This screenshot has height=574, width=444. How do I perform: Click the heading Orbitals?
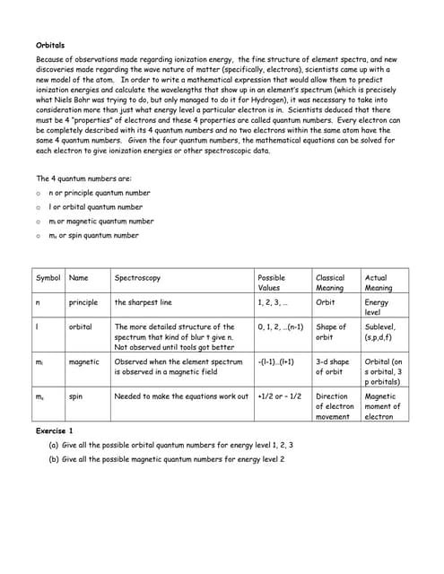49,44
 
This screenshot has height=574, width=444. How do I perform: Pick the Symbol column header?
48,278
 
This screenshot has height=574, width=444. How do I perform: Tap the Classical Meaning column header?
330,283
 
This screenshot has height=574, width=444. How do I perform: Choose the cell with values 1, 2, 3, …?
273,303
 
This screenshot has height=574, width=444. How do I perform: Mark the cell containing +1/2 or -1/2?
279,396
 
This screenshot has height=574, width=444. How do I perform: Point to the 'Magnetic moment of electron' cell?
383,406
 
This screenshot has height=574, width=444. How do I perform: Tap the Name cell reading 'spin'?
76,396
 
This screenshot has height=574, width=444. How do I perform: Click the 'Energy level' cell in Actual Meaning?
378,308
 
